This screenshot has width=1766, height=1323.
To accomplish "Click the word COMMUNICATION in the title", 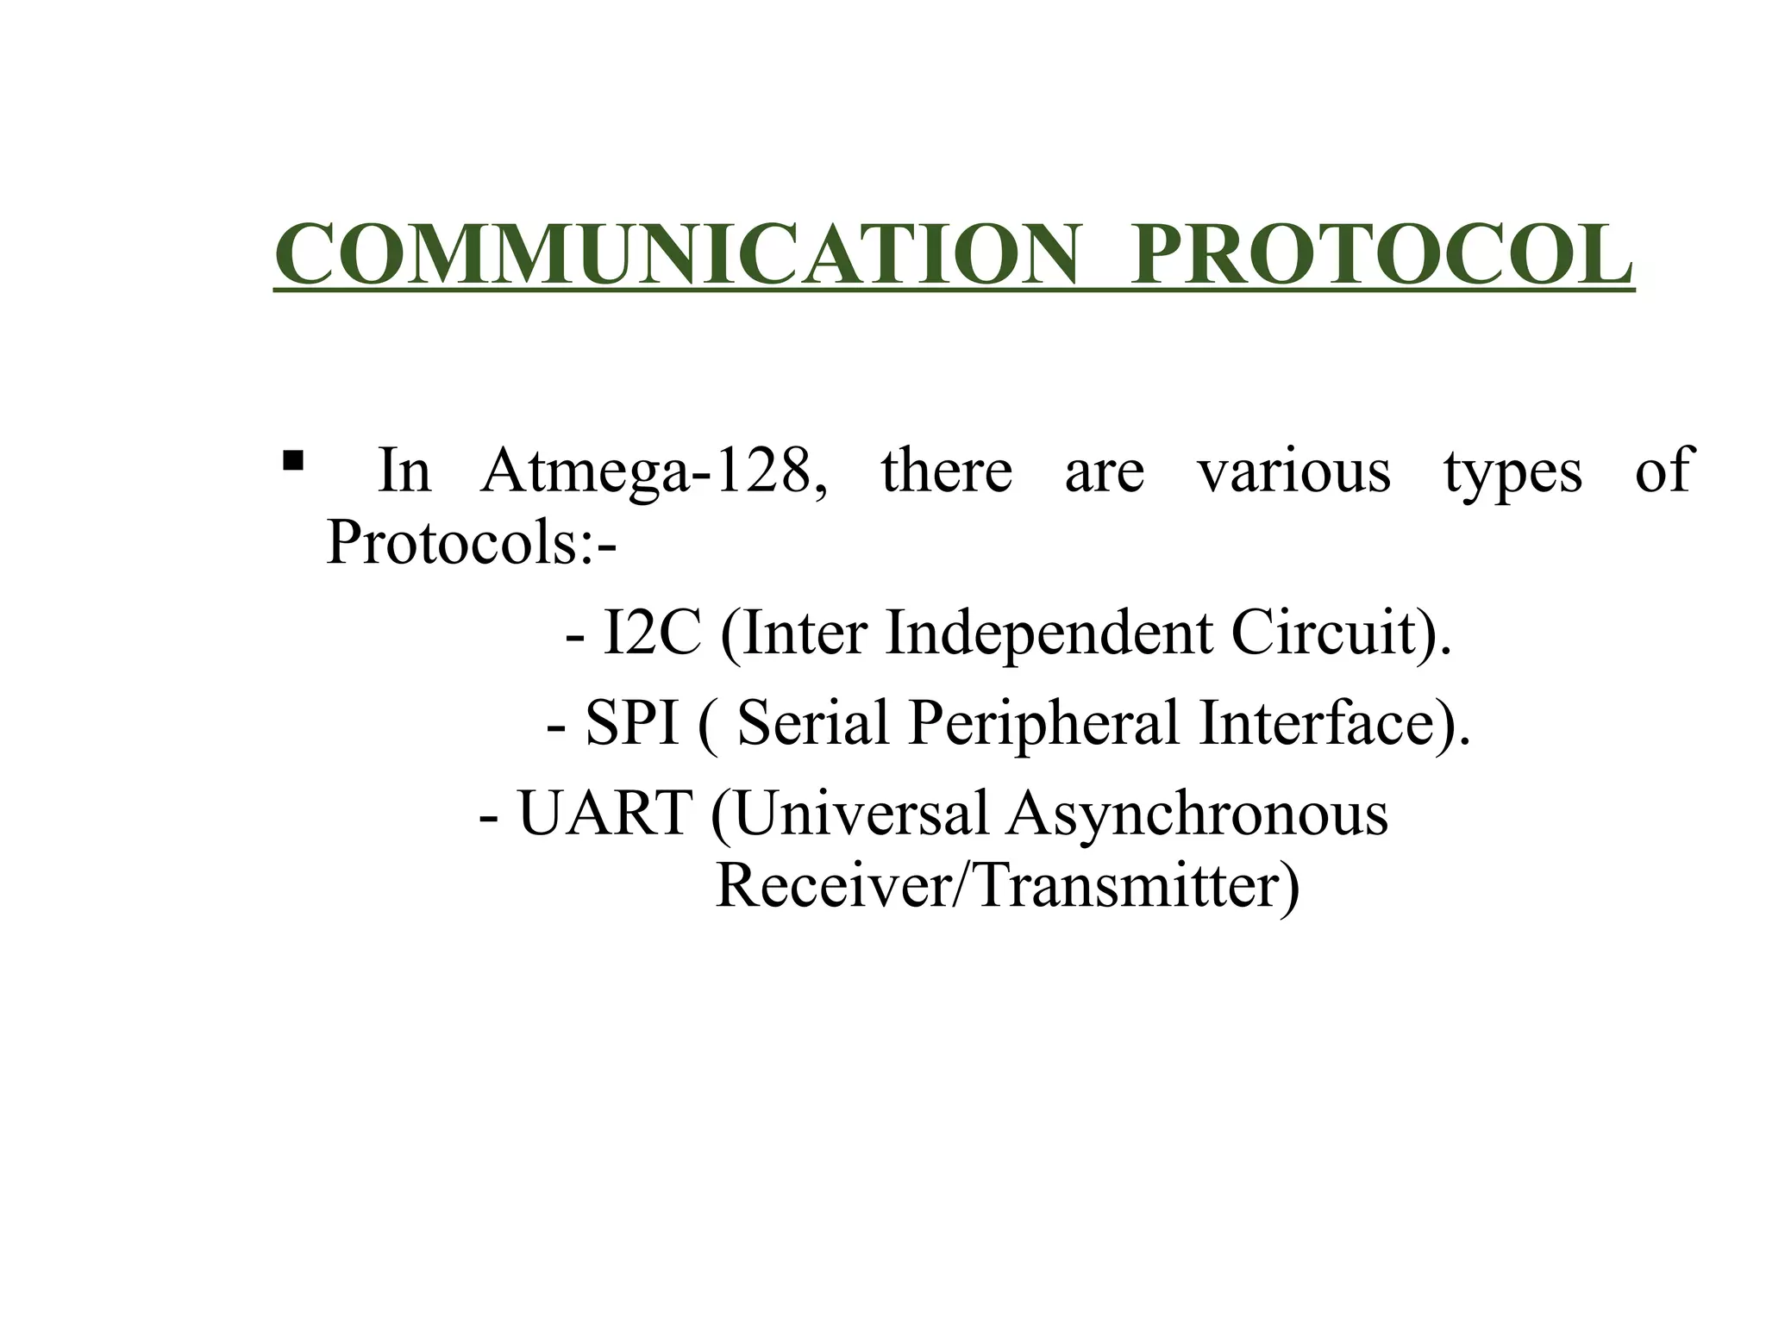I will tap(677, 255).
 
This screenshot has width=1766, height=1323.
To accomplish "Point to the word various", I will tap(1293, 471).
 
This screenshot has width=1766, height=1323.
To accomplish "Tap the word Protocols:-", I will tap(471, 543).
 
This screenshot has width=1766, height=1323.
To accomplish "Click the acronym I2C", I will tap(651, 633).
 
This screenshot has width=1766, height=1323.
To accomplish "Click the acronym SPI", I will tap(631, 722).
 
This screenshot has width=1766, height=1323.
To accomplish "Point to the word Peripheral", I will tap(1043, 722).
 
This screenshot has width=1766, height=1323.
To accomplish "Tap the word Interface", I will tap(1324, 722).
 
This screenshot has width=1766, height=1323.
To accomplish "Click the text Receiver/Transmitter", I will tap(1006, 885).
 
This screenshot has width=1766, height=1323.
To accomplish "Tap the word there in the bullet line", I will tap(947, 471).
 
